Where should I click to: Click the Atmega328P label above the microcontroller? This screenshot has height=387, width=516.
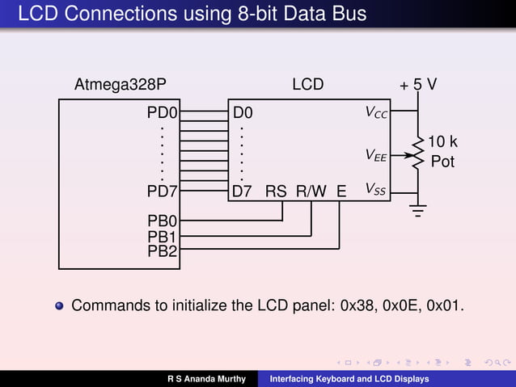(121, 84)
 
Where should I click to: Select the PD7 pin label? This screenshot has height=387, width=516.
(163, 191)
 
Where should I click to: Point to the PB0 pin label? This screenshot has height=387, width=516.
(163, 220)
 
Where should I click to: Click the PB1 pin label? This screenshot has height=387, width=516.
(163, 237)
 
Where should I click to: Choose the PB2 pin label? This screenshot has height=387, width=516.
(163, 251)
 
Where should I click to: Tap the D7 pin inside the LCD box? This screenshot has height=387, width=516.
(242, 191)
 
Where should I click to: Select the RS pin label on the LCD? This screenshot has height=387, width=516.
(276, 191)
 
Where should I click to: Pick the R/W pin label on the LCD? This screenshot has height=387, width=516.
(311, 191)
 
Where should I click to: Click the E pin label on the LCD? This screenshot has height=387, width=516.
(341, 191)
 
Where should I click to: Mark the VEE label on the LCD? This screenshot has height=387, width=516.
(376, 154)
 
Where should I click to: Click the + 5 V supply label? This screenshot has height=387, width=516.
(419, 85)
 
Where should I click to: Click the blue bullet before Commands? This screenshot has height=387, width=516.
(59, 306)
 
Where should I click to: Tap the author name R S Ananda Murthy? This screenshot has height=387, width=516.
(206, 379)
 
